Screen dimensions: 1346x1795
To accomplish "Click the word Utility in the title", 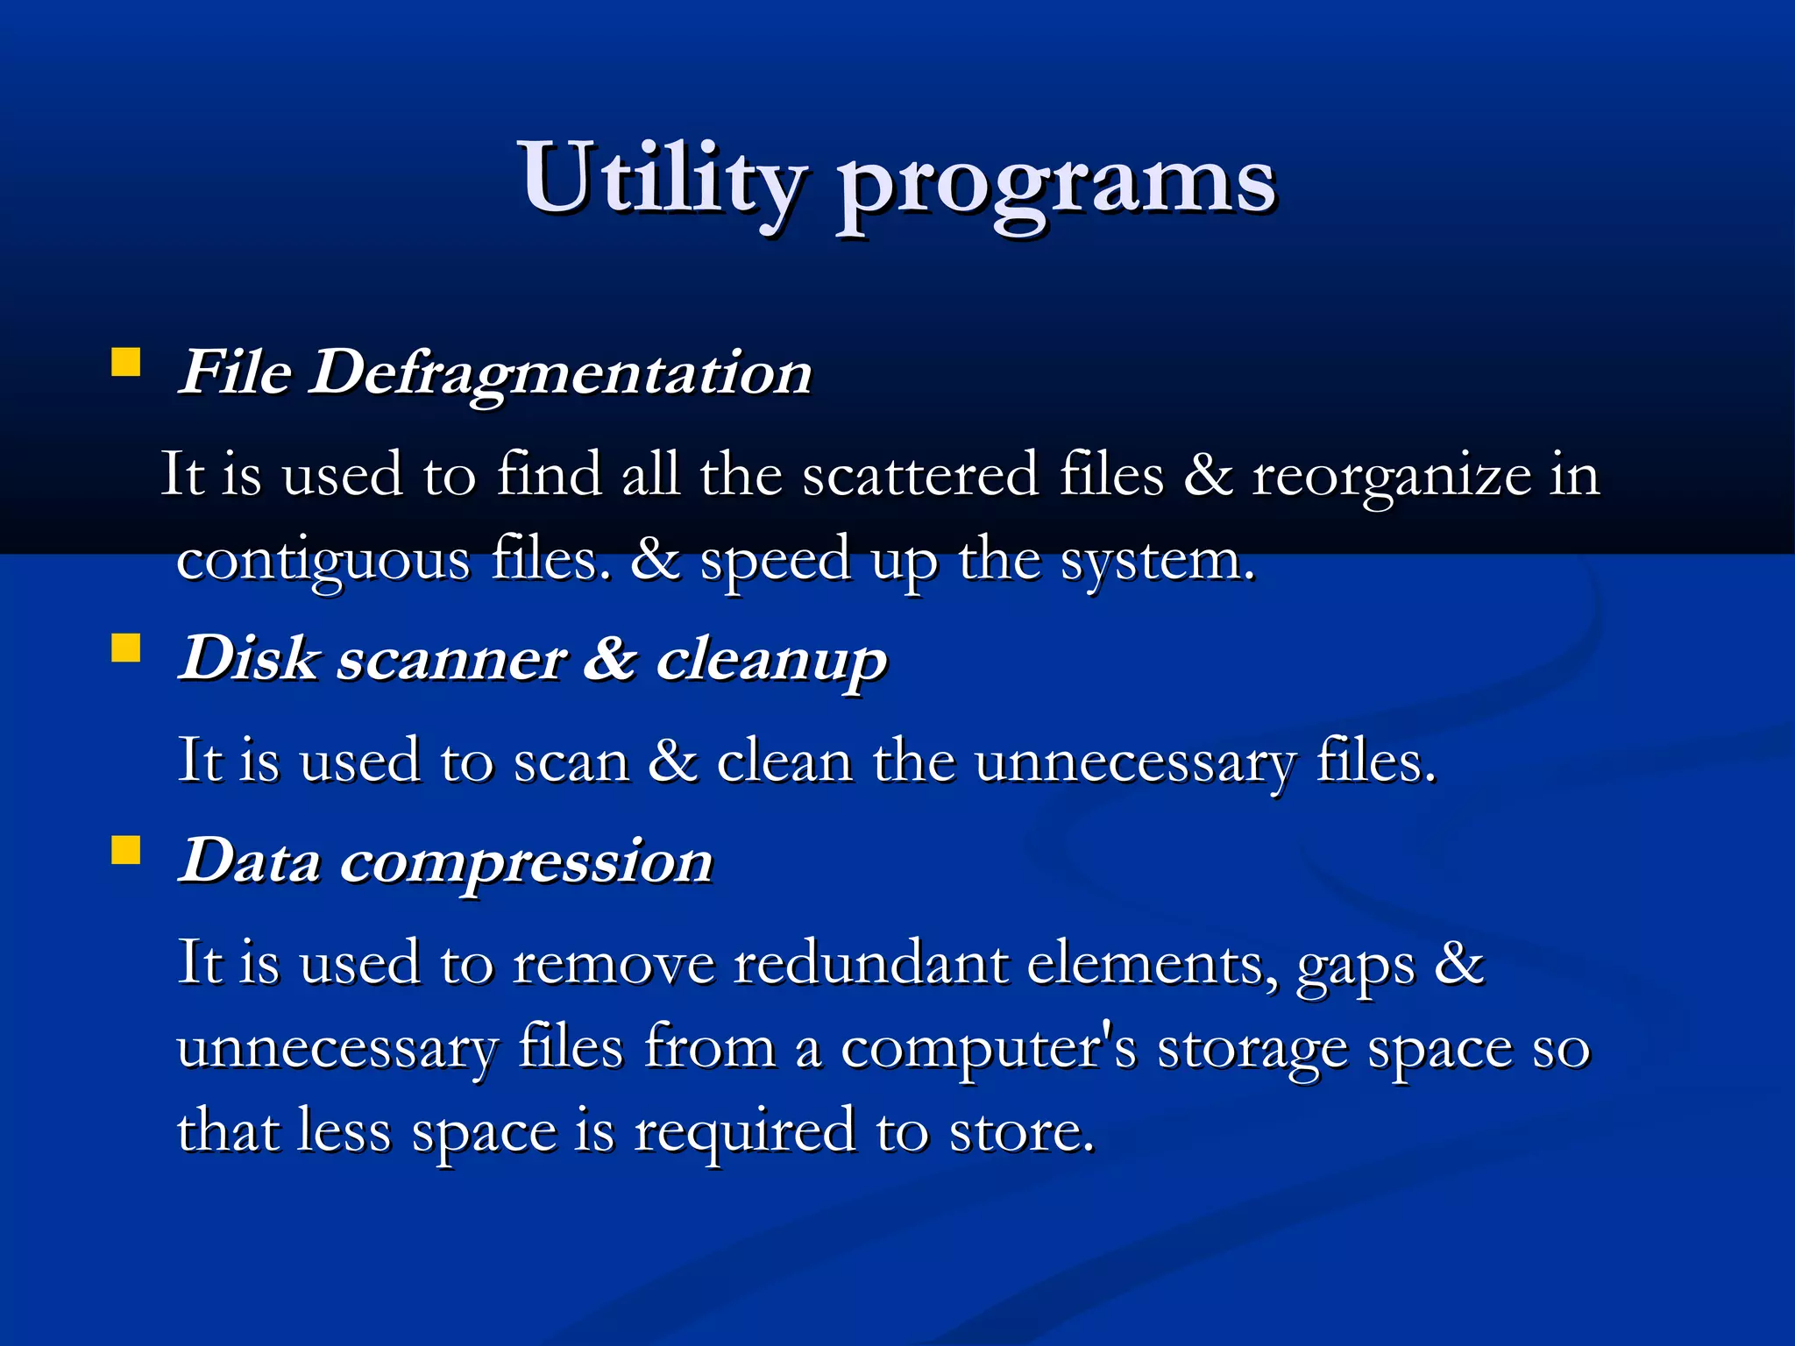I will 662,180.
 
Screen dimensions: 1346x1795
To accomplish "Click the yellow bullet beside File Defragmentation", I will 126,363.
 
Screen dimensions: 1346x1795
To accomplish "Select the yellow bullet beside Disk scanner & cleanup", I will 126,649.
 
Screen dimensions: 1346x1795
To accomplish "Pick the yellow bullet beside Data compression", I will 126,850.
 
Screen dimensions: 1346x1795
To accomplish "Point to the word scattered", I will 920,475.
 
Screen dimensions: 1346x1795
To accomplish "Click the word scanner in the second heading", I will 451,659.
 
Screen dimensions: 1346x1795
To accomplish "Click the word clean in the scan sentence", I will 784,761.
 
